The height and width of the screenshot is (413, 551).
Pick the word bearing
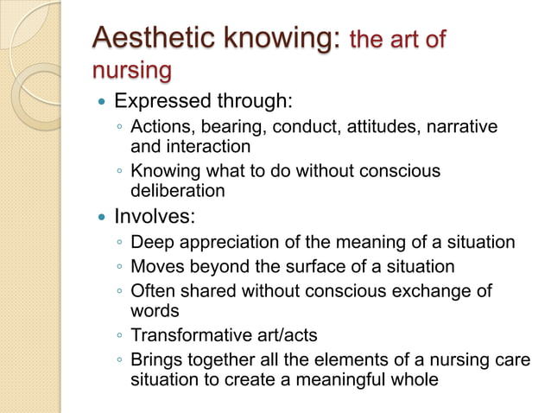[x=225, y=128]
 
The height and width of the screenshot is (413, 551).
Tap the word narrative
[x=462, y=128]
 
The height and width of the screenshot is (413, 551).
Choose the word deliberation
[x=177, y=190]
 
